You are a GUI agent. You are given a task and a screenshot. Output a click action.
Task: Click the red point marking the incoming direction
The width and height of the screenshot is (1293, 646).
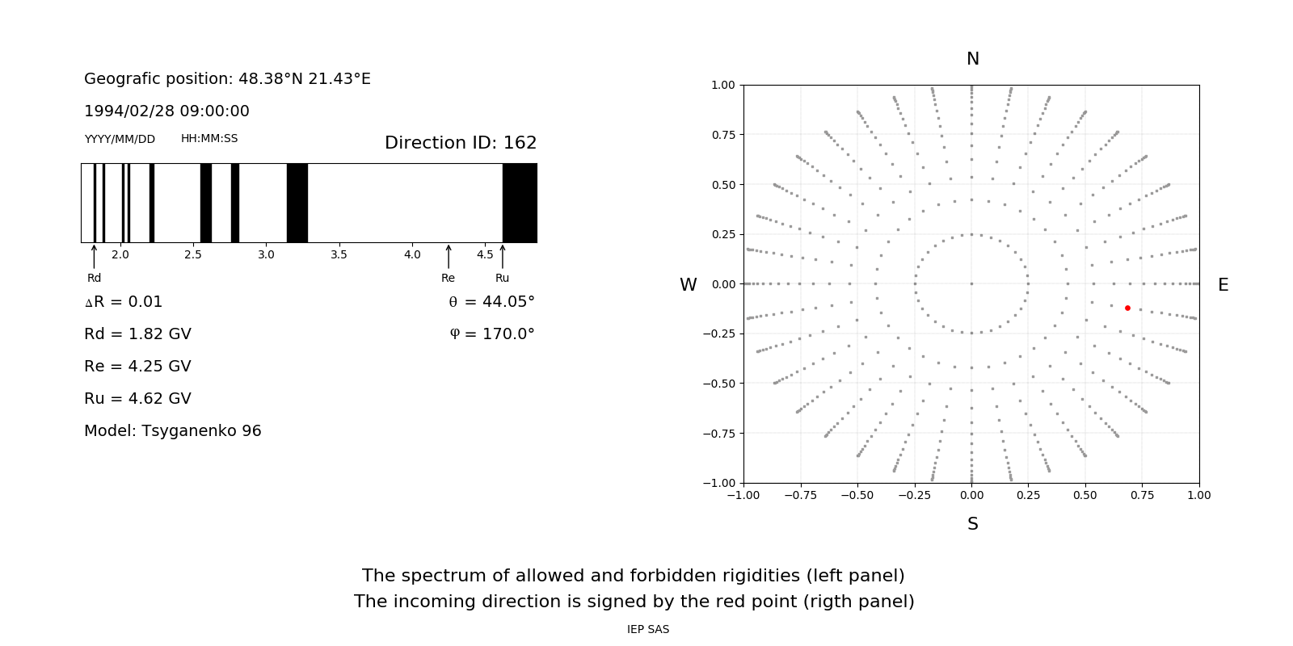1127,308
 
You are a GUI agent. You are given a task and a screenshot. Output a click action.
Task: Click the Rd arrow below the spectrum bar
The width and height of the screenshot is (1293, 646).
95,257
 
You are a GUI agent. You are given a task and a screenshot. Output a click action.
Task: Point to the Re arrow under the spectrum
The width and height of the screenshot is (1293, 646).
449,257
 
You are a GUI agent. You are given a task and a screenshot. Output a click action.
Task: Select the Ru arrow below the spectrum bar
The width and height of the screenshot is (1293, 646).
503,257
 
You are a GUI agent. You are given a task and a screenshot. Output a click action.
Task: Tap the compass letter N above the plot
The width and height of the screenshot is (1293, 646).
972,59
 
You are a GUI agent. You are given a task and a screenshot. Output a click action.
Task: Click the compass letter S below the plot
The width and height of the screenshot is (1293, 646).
972,524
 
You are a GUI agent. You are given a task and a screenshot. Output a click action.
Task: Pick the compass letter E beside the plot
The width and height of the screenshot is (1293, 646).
1223,285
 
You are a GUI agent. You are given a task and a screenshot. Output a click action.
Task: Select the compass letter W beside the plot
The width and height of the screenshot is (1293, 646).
688,285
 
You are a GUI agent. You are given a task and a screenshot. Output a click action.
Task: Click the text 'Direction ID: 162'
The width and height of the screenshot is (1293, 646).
461,143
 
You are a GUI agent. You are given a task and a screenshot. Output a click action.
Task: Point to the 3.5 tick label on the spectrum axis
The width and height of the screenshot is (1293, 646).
339,255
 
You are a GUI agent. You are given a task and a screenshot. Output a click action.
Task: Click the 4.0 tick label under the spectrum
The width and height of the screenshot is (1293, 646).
412,255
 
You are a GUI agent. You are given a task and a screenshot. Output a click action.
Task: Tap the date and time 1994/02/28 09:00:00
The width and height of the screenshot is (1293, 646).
166,111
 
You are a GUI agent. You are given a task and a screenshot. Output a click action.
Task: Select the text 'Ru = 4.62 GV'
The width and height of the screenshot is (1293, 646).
137,399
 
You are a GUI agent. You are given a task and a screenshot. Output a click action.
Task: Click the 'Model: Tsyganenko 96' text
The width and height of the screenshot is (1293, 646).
173,431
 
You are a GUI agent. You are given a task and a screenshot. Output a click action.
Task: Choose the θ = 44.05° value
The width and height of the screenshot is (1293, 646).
491,302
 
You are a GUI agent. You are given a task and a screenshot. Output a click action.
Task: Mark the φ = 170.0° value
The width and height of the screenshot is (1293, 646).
491,334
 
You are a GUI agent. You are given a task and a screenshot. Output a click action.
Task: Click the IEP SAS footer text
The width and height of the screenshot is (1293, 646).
648,630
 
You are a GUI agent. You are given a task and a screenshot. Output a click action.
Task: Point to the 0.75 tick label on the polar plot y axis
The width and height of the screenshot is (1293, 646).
722,135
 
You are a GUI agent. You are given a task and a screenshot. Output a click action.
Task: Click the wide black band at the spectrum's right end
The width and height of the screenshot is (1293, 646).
520,203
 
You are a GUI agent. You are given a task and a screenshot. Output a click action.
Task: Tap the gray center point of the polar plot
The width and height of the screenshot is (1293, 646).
971,283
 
